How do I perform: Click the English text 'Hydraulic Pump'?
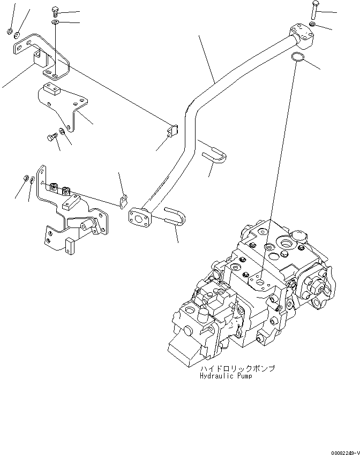point(226,376)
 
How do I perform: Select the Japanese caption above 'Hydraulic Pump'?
point(237,369)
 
